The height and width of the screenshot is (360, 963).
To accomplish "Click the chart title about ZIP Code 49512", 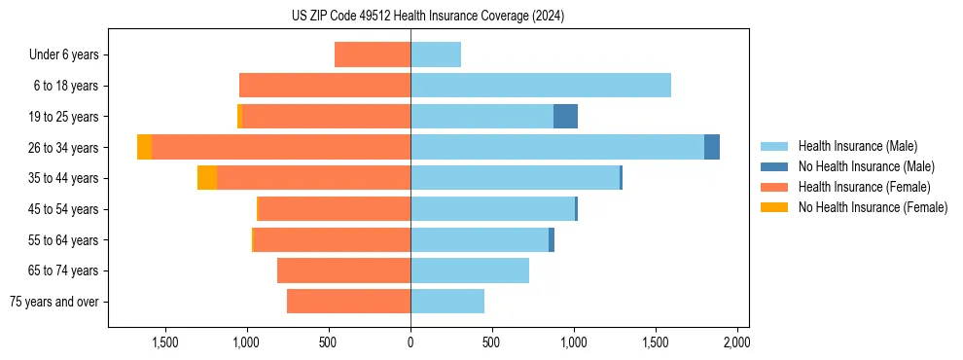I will (428, 16).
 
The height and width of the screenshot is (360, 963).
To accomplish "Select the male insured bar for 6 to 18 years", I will (541, 86).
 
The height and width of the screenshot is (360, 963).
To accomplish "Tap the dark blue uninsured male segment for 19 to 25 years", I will (565, 117).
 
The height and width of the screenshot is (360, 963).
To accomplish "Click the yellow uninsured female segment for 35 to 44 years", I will (206, 178).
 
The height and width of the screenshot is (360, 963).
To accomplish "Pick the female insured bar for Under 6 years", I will (373, 54).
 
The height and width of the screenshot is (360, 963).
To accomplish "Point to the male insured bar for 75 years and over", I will (447, 302).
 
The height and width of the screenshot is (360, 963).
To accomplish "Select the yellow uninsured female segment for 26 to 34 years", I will (144, 148).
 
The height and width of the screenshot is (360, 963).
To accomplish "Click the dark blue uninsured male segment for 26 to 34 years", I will (712, 148).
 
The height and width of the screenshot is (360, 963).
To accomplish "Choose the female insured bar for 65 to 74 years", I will (343, 270).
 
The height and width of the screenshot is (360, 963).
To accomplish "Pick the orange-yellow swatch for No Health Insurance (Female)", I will (774, 207).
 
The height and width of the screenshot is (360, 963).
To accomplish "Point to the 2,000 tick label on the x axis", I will (736, 342).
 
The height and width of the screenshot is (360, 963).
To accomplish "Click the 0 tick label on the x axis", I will (410, 342).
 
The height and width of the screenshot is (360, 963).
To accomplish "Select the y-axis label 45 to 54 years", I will (64, 209).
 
